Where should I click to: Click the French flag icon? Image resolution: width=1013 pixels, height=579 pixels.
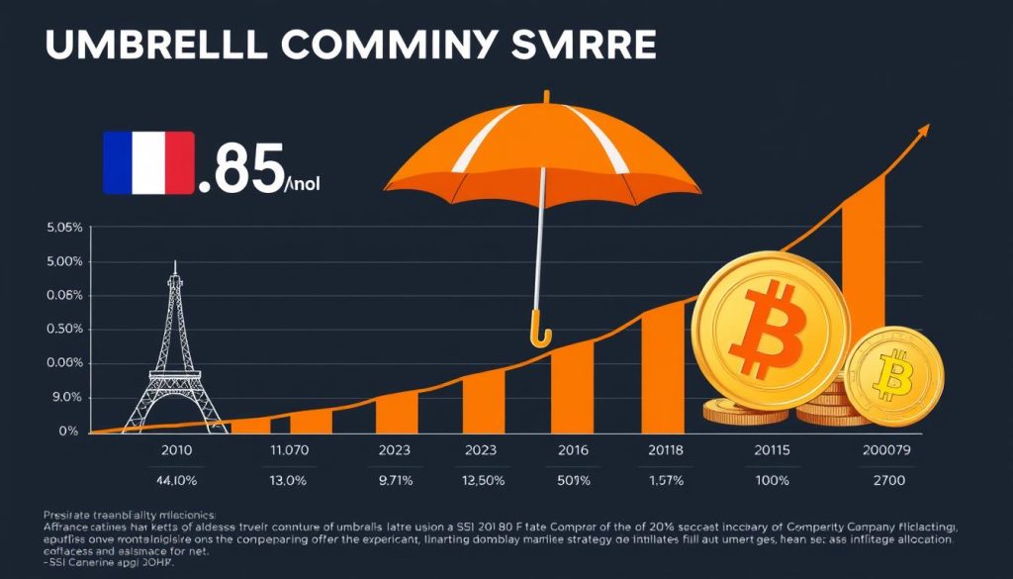[x=147, y=164]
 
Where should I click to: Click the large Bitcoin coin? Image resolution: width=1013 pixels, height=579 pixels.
[x=770, y=330]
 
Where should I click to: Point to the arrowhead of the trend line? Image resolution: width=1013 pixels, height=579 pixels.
[x=923, y=130]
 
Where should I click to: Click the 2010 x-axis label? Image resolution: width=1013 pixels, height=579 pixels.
[x=176, y=449]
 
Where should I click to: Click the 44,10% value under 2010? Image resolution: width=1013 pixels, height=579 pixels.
[x=176, y=480]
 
